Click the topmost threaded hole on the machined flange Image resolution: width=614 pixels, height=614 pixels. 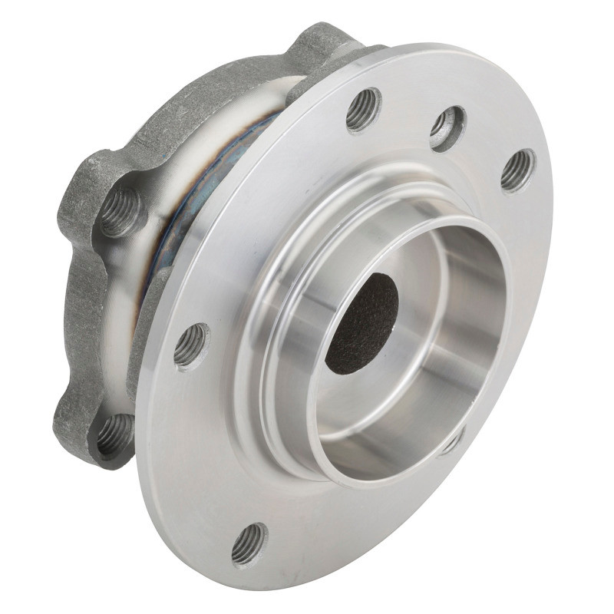click(x=363, y=109)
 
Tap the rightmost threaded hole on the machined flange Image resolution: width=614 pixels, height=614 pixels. click(x=518, y=170)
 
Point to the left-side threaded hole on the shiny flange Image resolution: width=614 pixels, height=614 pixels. click(x=190, y=345)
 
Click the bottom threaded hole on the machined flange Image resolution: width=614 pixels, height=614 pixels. click(x=249, y=543)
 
